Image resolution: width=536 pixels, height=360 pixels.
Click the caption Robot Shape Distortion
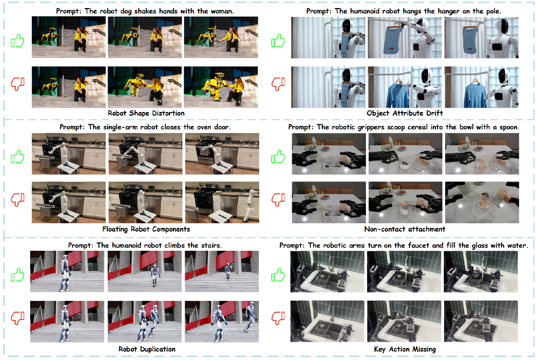pos(146,113)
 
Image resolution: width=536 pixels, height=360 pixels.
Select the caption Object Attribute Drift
pos(404,113)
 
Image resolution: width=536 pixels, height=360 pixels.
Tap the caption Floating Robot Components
pos(146,229)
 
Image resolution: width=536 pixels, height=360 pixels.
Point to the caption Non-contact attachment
pos(405,229)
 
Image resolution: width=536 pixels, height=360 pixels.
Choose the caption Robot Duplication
pos(147,349)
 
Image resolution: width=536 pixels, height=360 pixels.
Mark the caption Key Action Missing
pos(405,349)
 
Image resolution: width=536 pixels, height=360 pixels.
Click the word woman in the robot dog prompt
pos(222,11)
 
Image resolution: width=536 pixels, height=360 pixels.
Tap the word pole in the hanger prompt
pos(492,11)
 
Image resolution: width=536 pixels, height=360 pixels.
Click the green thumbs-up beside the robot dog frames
pos(17,41)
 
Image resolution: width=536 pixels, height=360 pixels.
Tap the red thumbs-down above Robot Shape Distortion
pos(17,83)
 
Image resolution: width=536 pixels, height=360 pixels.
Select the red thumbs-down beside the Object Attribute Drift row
pos(278,83)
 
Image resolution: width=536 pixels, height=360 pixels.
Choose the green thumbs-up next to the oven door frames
pos(17,157)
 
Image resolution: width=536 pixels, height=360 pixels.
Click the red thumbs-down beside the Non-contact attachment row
pos(278,200)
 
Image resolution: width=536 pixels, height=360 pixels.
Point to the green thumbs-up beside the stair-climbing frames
pos(17,275)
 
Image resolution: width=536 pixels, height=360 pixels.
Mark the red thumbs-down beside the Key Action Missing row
pos(278,317)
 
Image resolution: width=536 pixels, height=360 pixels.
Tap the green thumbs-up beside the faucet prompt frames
pos(278,275)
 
